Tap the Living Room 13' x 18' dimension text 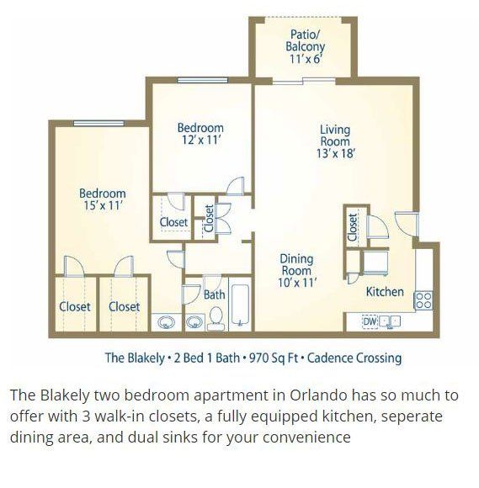(336, 153)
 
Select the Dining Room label (296, 264)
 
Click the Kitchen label (385, 292)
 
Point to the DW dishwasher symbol (370, 321)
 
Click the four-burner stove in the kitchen (423, 300)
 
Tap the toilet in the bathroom (216, 319)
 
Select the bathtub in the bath (240, 305)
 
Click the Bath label (215, 294)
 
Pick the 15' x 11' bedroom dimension (103, 205)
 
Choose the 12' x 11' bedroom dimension (201, 140)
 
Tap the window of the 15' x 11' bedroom (98, 123)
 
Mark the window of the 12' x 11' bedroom (202, 80)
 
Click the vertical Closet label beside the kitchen (352, 227)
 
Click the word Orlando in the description (318, 395)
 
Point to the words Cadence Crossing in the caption (354, 358)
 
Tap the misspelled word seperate (412, 417)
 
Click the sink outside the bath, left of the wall (167, 322)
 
